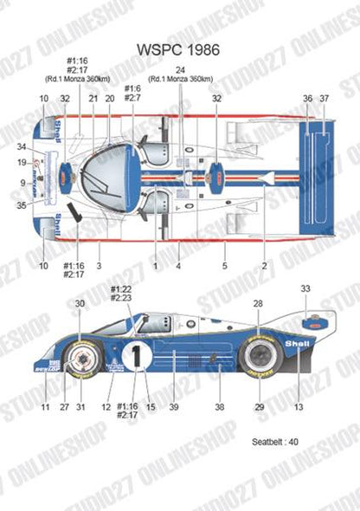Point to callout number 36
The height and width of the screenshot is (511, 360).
[x=308, y=100]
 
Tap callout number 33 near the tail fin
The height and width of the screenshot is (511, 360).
[x=305, y=288]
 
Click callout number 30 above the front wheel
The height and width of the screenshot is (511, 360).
[x=80, y=303]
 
